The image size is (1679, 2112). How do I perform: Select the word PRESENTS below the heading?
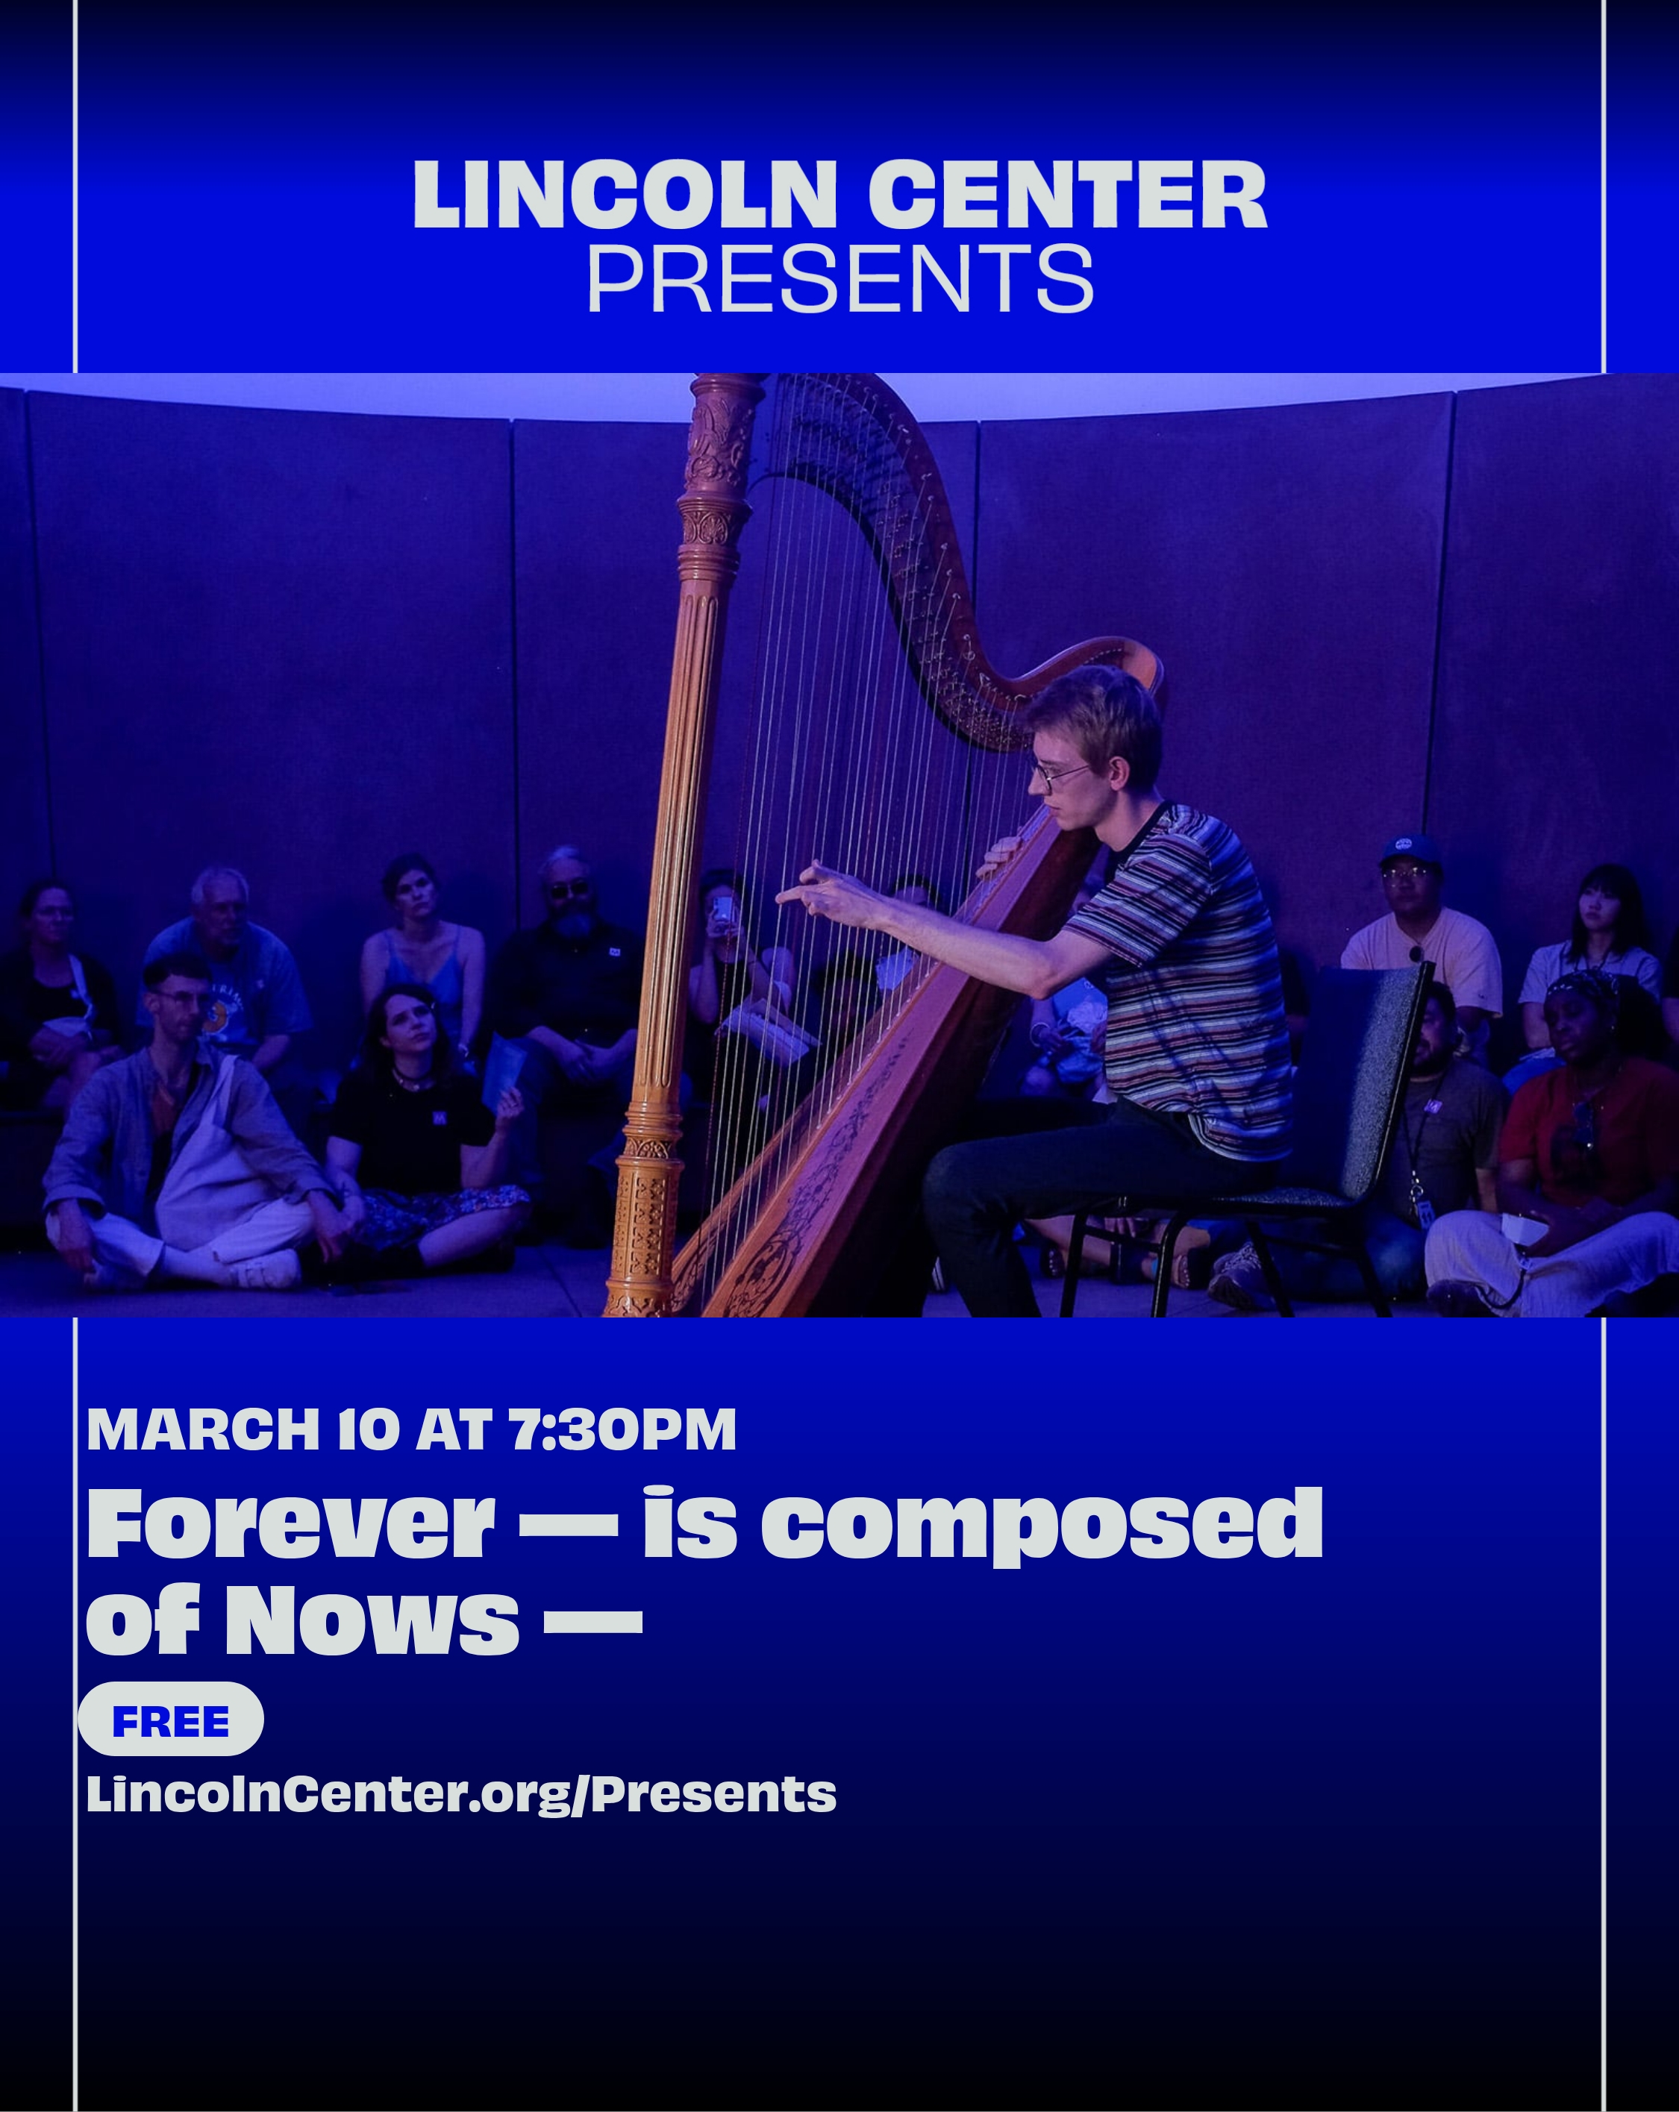(839, 278)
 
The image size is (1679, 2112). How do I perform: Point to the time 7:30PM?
(624, 1429)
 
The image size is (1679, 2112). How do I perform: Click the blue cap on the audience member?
(1410, 848)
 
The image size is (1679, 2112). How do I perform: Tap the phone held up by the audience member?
(723, 912)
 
